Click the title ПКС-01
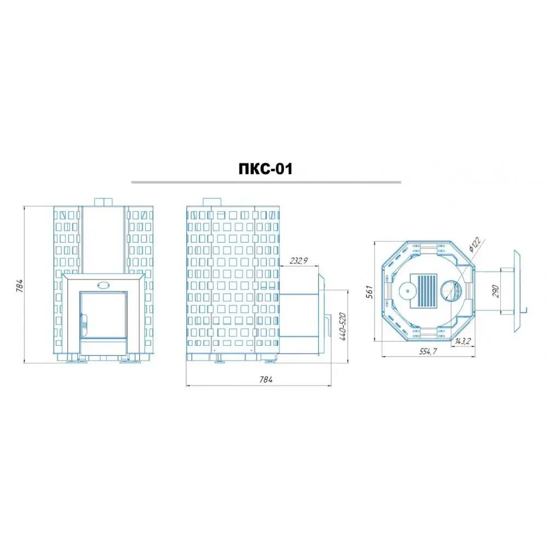tap(265, 169)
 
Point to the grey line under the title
tap(266, 182)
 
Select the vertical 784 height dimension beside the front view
tap(20, 286)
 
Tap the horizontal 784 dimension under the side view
tap(266, 380)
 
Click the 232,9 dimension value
tap(299, 260)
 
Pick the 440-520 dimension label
tap(342, 327)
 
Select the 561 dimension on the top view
tap(369, 292)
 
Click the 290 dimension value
tap(495, 291)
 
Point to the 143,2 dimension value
tap(463, 341)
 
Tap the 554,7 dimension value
tap(428, 352)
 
